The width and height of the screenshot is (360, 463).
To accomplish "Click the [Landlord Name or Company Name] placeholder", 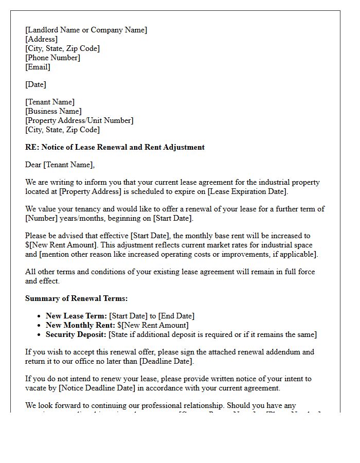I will (x=86, y=30).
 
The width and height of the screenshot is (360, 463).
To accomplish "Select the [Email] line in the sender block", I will (x=38, y=67).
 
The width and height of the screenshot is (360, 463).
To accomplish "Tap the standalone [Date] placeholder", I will (x=35, y=84).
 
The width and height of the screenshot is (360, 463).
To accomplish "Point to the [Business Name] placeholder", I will (x=53, y=111).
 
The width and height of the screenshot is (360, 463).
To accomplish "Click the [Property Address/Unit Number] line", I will (x=79, y=120).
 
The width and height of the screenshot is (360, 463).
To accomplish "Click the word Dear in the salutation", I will (x=33, y=165).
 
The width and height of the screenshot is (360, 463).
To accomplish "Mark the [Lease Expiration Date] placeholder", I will (x=246, y=191).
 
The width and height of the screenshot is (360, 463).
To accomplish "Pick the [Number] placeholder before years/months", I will (x=41, y=218).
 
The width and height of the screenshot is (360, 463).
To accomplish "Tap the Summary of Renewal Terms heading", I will (x=76, y=298).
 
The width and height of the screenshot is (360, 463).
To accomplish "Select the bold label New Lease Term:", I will (x=76, y=316).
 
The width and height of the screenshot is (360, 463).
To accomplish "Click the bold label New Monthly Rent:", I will (x=80, y=325).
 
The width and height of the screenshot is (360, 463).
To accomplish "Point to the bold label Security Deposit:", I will (x=76, y=334).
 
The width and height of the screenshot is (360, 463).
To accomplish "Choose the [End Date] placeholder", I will (x=176, y=316).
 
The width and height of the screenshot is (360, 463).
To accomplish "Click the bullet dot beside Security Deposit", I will (x=40, y=335).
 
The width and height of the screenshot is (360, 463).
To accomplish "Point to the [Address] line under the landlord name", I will (x=41, y=39).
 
